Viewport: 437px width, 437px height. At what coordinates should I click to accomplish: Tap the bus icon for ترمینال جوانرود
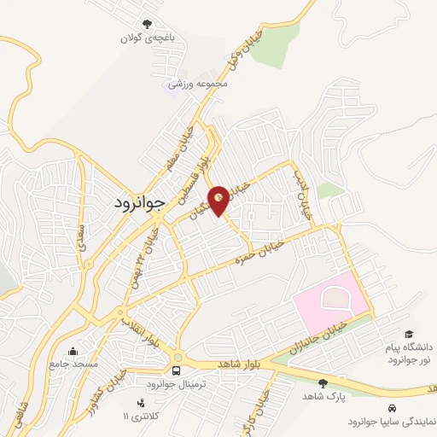pos(176,371)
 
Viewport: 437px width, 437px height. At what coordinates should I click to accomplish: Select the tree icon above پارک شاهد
pos(322,383)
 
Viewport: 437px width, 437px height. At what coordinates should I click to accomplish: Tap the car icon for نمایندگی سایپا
pos(392,408)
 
